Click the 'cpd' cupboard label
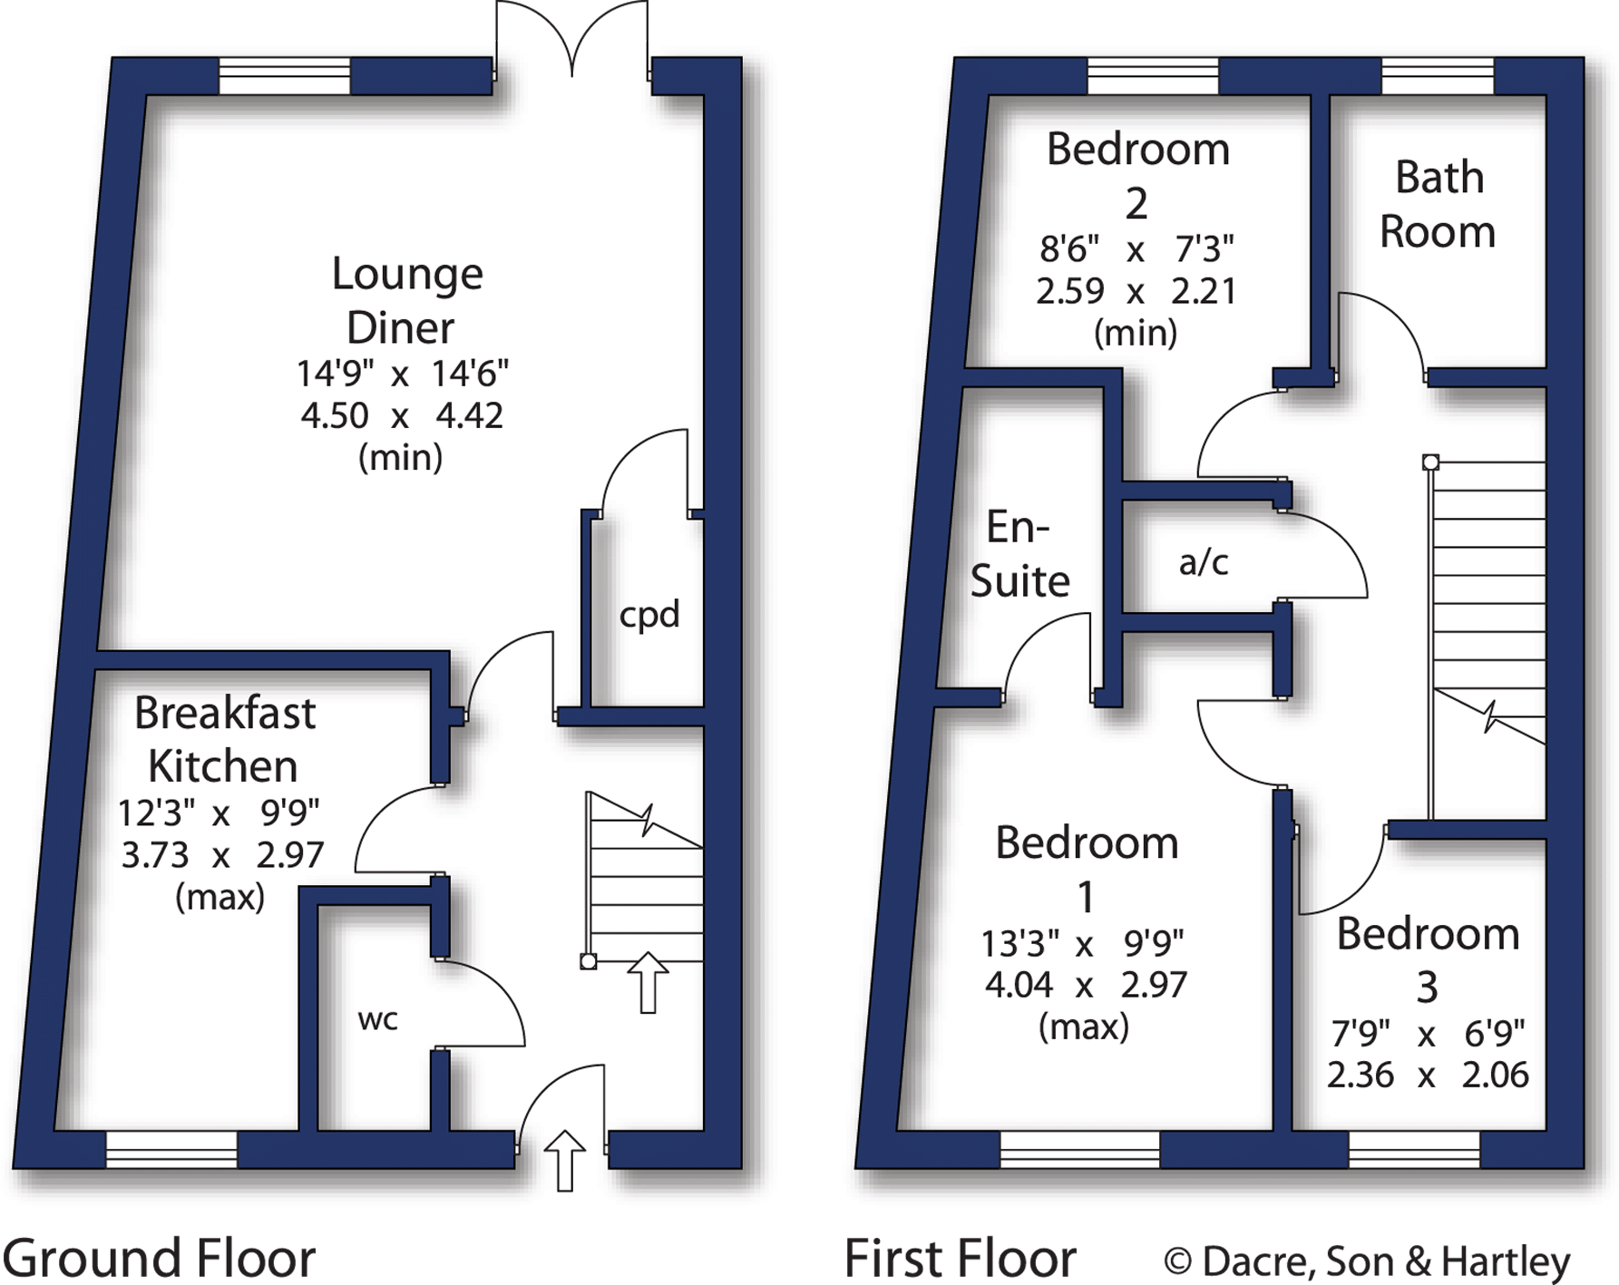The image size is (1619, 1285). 649,615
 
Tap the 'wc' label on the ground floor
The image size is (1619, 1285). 377,1019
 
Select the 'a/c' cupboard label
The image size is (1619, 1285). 1204,563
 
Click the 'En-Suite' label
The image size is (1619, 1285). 1019,554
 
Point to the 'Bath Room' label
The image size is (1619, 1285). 1438,204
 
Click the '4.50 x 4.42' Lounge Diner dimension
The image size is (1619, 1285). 401,415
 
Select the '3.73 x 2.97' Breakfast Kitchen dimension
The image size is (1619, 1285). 222,855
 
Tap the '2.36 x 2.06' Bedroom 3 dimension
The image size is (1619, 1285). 1427,1075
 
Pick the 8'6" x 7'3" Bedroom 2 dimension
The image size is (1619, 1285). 1136,248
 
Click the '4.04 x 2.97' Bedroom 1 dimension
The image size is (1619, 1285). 1085,985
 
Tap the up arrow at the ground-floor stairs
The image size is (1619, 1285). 648,982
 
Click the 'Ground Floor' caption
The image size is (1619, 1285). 159,1258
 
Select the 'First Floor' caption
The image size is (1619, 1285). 960,1258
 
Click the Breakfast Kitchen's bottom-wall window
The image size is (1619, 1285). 171,1149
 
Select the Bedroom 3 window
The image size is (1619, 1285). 1414,1149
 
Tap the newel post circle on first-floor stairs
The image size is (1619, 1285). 1430,462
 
